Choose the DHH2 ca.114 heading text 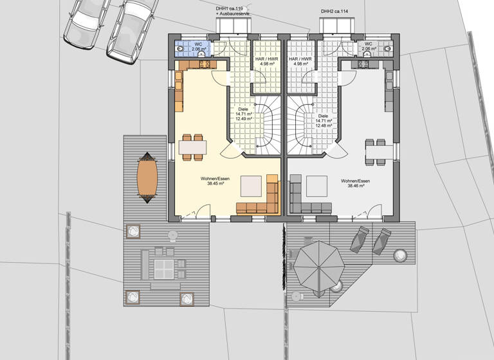point(334,12)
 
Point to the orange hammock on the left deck point(147,177)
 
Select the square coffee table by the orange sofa point(251,186)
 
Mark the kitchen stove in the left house point(205,64)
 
